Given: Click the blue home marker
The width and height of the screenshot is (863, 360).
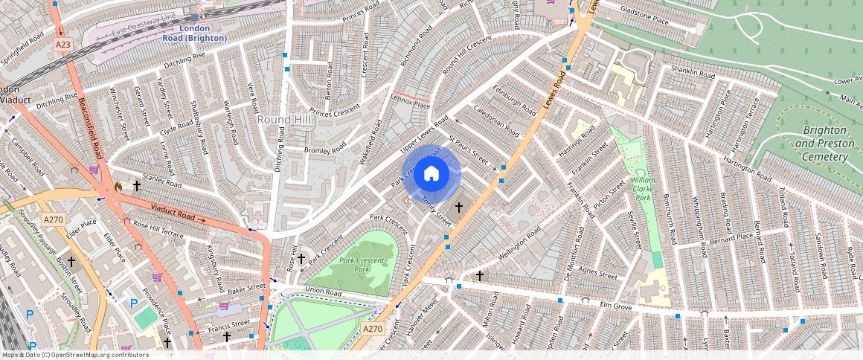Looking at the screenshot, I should click(431, 174).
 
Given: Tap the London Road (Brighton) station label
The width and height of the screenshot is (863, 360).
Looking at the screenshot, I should click(185, 33).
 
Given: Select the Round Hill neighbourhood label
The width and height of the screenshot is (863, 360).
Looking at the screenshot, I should click(283, 119).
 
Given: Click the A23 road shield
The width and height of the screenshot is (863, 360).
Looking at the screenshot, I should click(63, 45).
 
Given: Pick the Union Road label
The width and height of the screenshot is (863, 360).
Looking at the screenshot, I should click(323, 293).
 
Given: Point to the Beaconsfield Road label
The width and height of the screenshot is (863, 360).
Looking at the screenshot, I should click(88, 129).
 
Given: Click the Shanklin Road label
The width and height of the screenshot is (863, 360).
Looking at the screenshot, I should click(692, 73).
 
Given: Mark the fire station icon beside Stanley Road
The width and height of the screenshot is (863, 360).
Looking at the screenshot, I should click(118, 186).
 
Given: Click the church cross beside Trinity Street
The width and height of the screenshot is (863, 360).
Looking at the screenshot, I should click(459, 208).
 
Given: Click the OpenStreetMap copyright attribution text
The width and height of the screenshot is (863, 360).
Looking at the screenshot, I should click(75, 355).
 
